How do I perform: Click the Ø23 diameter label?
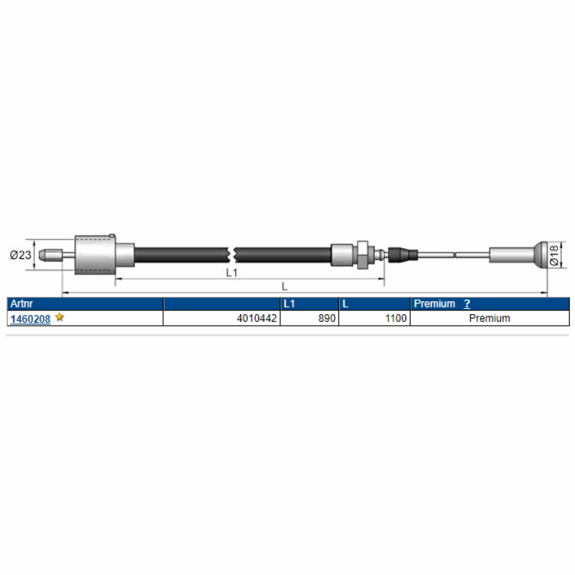tap(21, 254)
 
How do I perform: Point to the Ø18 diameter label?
tap(554, 255)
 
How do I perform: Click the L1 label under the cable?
tap(231, 272)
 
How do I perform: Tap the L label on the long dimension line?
tap(285, 286)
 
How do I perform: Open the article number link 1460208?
tap(30, 318)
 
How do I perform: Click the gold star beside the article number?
tap(60, 317)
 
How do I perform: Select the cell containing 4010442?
tap(221, 318)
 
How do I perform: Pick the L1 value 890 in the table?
tap(327, 318)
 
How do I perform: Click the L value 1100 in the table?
tap(396, 318)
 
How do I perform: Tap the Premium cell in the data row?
tap(489, 318)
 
